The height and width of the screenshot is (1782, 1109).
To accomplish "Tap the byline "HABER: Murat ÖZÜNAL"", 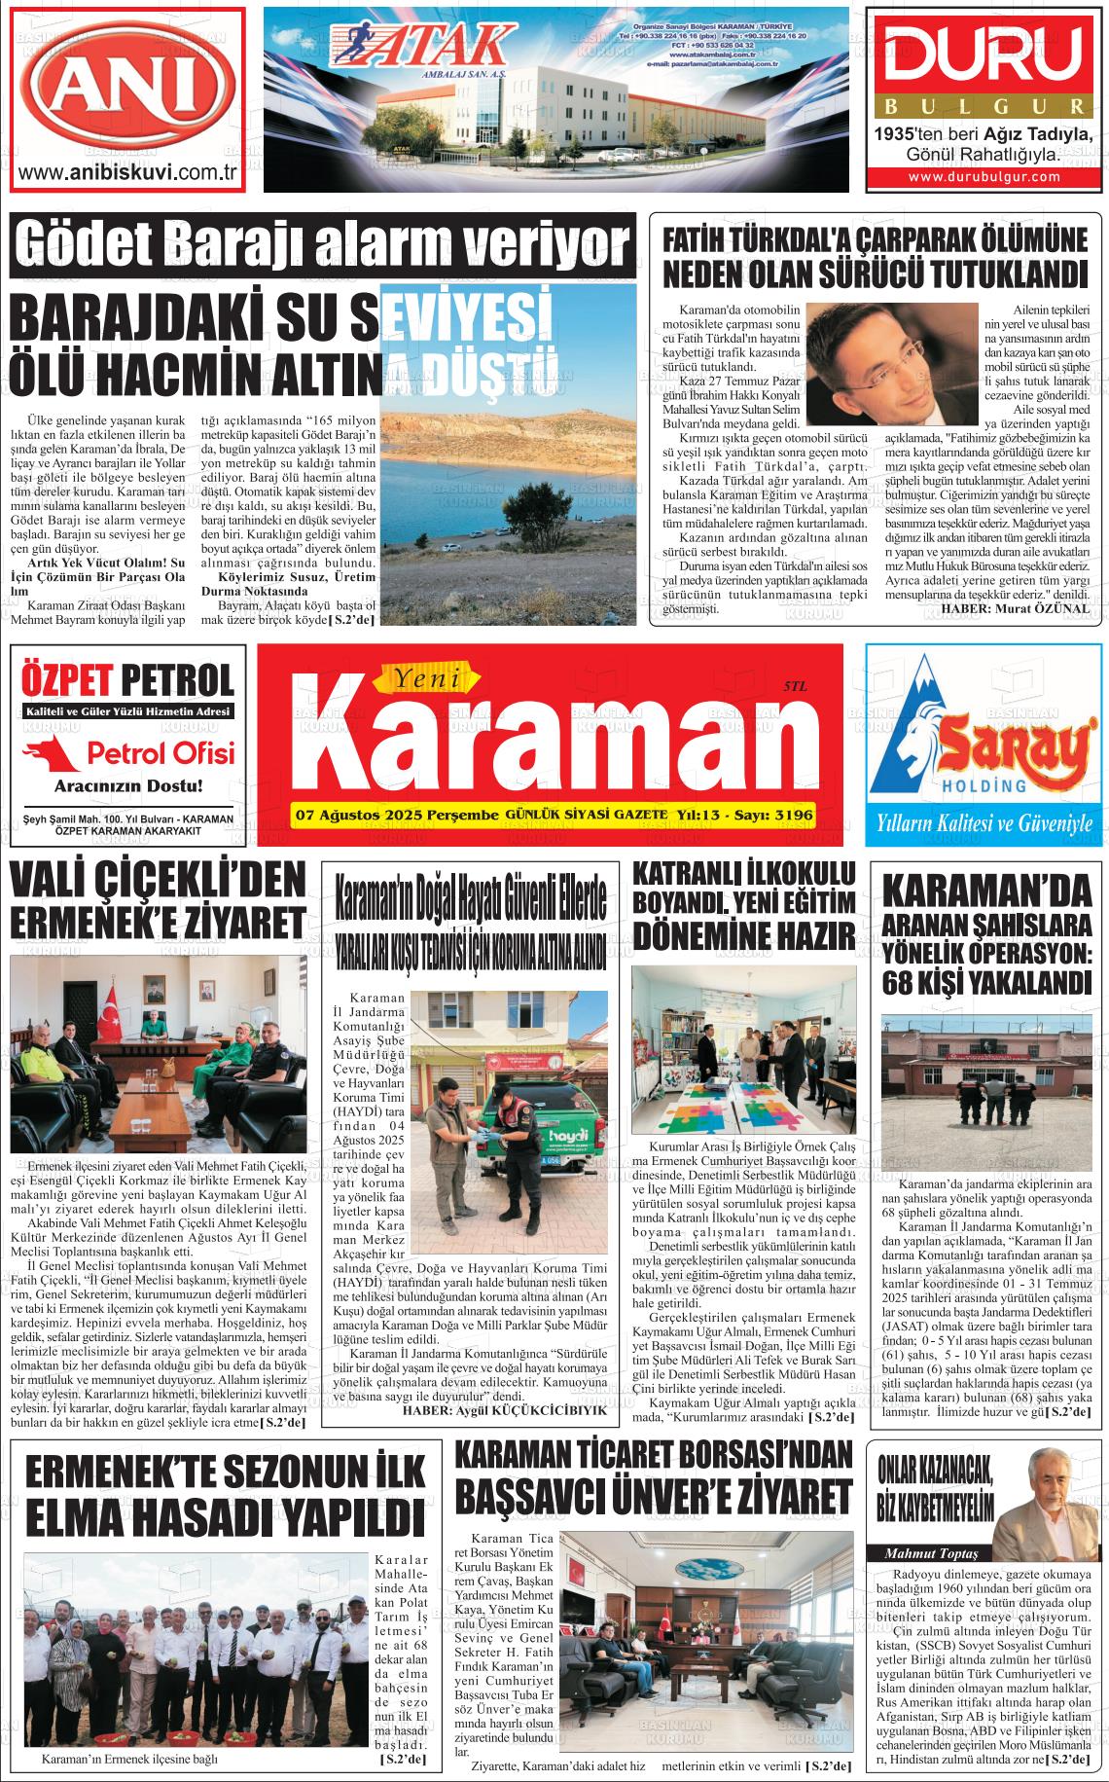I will point(1015,635).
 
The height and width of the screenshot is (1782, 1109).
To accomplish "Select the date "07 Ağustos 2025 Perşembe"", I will point(396,814).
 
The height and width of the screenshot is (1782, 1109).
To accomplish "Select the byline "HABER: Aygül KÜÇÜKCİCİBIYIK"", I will point(505,1409).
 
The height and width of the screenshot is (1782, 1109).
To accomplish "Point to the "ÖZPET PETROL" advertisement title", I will point(127,679).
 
